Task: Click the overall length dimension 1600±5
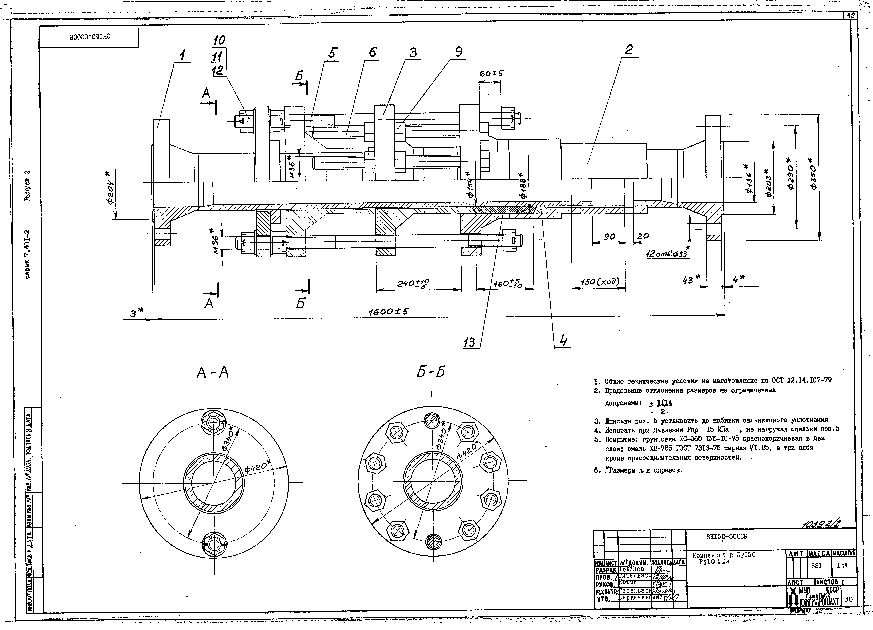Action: pos(388,312)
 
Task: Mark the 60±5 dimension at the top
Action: pos(491,73)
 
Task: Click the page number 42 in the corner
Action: pos(850,16)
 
